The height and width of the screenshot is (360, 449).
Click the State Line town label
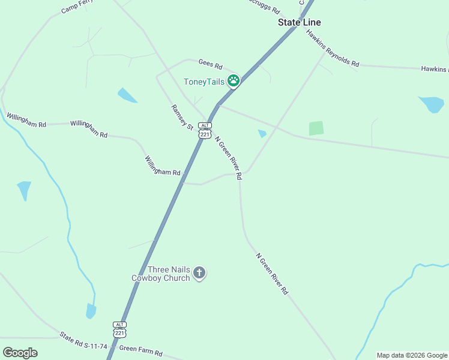(x=299, y=22)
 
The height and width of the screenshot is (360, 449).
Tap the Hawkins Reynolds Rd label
(x=332, y=48)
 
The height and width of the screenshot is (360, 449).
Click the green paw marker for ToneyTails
(x=233, y=81)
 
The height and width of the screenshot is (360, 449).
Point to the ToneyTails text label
(x=203, y=82)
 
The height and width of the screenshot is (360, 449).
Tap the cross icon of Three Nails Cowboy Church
(x=199, y=274)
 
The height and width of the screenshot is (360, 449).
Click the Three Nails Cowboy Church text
(x=161, y=274)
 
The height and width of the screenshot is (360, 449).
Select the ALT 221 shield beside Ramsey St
(x=205, y=131)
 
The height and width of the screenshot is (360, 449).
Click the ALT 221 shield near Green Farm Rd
(x=120, y=329)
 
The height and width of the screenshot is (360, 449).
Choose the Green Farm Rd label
(x=140, y=350)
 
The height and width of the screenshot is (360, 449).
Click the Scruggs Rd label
(x=264, y=7)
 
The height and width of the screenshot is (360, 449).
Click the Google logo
(x=20, y=353)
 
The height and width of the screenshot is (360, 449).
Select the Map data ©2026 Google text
(x=412, y=355)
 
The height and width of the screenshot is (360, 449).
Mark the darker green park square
(x=316, y=128)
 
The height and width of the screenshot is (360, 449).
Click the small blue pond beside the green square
(x=262, y=133)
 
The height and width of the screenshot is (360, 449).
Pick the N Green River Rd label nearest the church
(x=272, y=274)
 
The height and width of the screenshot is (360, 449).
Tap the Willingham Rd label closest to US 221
(x=162, y=166)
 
